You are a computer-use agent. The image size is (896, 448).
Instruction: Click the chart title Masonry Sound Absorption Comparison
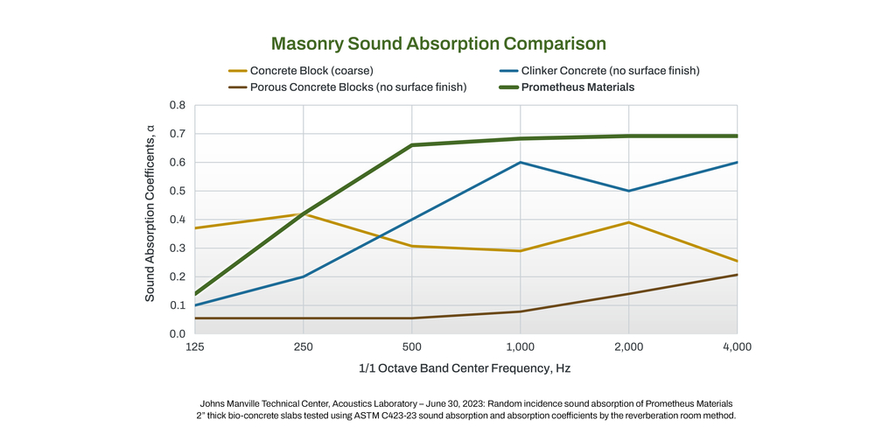(x=438, y=43)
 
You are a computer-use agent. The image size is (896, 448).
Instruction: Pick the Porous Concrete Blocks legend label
(x=358, y=87)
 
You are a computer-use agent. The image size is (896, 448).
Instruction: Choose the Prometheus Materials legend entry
(x=577, y=87)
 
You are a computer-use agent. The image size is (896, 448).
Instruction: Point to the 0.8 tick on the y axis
(x=177, y=106)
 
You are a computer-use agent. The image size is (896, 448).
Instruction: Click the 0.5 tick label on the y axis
(x=177, y=191)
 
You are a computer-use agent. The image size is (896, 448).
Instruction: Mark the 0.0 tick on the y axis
(x=177, y=334)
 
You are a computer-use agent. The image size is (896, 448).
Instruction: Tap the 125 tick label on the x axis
(x=195, y=347)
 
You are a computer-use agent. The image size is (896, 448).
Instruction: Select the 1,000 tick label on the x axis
(x=521, y=347)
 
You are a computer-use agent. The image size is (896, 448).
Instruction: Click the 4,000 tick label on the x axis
(x=737, y=347)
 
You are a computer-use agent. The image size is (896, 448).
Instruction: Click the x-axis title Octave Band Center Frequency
(x=465, y=368)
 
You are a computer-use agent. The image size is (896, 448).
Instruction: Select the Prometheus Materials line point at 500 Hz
(x=412, y=145)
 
